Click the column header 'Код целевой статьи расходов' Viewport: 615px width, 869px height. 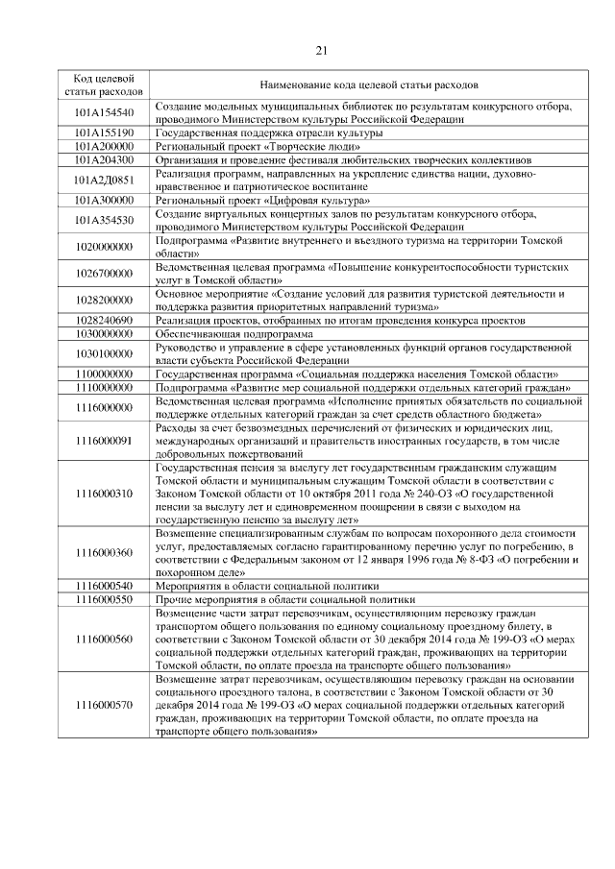(104, 84)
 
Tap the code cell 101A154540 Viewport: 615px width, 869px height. (104, 113)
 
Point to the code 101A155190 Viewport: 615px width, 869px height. (104, 132)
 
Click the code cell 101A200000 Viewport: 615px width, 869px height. (104, 146)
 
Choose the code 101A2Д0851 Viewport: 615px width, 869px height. (104, 179)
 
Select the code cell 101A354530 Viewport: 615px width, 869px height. (104, 220)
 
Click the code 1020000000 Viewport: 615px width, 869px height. (104, 247)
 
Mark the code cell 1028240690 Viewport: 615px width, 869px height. (104, 318)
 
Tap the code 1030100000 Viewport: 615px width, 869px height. (104, 353)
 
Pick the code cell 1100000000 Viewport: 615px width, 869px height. (104, 373)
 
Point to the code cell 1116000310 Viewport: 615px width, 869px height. (104, 493)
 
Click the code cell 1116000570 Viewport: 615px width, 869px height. (104, 704)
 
